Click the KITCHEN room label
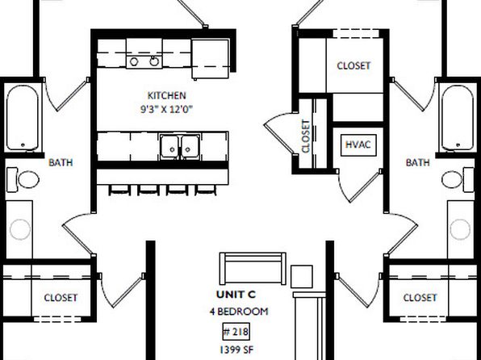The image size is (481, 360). tap(166, 95)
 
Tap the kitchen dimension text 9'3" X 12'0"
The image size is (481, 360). tap(166, 109)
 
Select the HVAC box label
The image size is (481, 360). tap(358, 144)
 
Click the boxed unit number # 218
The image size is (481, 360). tap(236, 332)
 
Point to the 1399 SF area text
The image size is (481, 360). tap(236, 350)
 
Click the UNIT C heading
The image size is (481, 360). tap(236, 295)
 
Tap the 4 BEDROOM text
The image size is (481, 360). tap(239, 312)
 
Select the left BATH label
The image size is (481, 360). tap(61, 162)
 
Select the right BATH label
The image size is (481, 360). tap(417, 162)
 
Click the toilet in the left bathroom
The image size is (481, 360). tap(23, 180)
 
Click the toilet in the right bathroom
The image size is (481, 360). tap(458, 180)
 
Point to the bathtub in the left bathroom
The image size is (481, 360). tap(23, 118)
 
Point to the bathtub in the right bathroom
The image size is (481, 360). tap(458, 118)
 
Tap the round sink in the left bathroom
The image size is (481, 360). tap(20, 229)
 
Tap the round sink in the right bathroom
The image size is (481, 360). tap(460, 229)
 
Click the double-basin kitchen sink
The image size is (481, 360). tap(180, 147)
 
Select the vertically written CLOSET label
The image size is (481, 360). tap(306, 136)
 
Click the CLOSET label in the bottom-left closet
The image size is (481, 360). tap(61, 298)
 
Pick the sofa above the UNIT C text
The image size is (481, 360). tap(253, 269)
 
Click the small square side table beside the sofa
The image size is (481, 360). tap(302, 277)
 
